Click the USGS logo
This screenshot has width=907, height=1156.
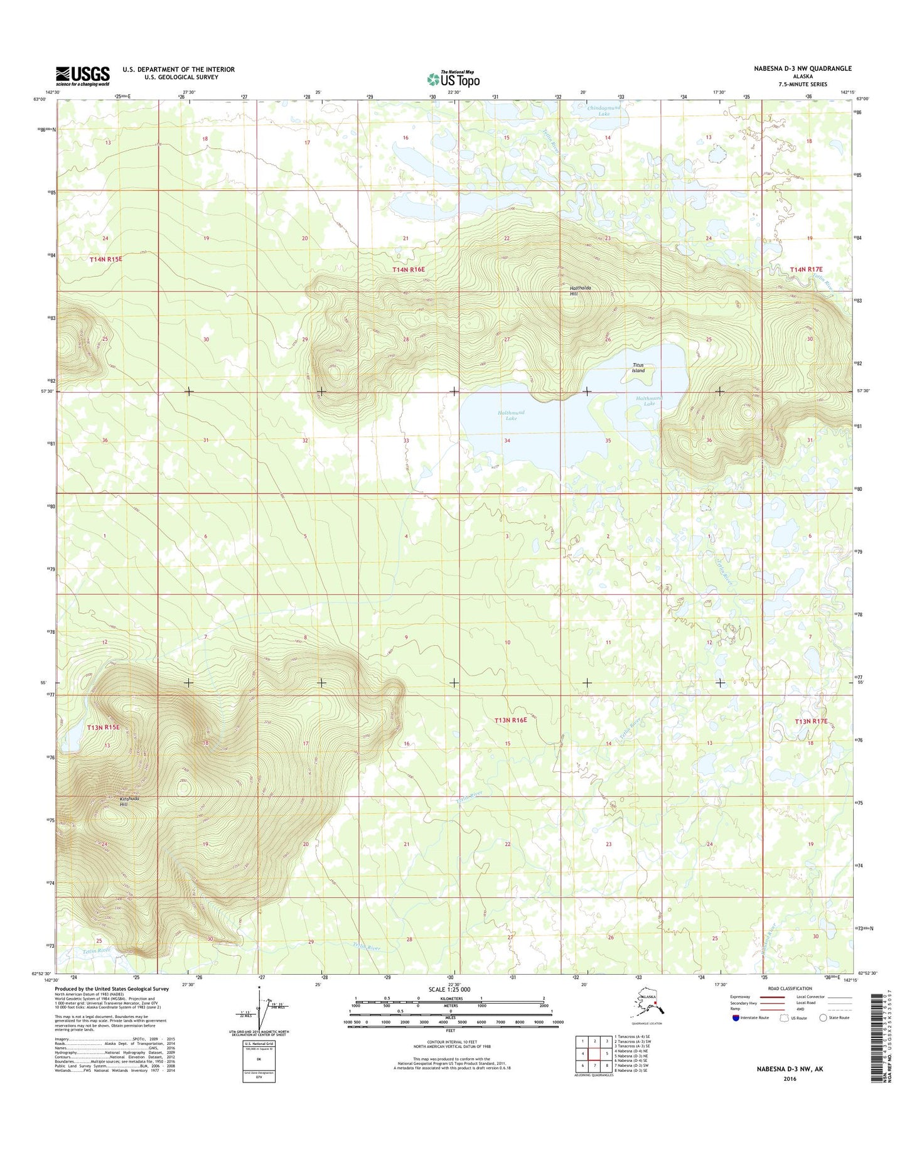point(82,76)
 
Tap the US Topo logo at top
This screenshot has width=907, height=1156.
point(453,78)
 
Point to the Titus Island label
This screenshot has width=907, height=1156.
point(638,368)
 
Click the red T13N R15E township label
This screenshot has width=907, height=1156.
point(104,727)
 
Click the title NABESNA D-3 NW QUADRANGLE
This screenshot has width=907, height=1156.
point(802,68)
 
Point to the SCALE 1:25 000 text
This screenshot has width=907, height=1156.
point(449,990)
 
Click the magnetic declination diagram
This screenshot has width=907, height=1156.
point(262,1010)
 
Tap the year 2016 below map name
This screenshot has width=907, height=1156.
point(789,1079)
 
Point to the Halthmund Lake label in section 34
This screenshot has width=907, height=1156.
point(511,415)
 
